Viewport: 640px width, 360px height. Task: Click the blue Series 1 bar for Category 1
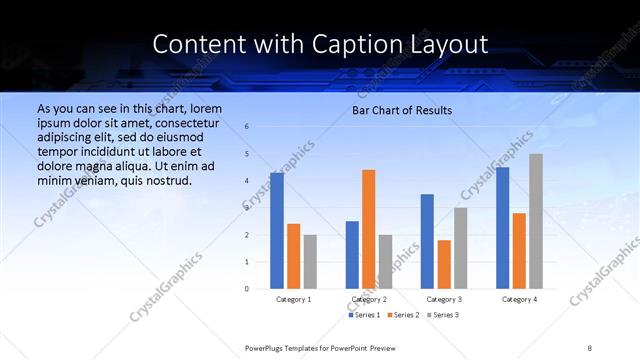coord(277,230)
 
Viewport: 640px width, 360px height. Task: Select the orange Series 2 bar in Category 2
coord(368,229)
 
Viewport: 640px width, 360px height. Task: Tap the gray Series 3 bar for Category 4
coord(536,221)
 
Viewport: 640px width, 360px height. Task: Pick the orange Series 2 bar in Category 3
coord(444,264)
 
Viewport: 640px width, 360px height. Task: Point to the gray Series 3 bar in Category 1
coord(310,261)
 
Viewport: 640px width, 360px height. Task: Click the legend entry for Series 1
coord(364,315)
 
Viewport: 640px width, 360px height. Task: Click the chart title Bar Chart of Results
coord(402,110)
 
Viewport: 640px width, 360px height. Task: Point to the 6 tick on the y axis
coord(247,127)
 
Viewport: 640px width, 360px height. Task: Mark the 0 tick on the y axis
coord(247,289)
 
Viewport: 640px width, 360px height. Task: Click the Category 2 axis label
coord(368,299)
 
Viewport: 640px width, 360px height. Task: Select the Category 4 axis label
coord(518,299)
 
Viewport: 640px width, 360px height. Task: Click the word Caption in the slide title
coord(326,44)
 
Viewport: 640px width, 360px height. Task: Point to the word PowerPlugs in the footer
coord(263,347)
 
